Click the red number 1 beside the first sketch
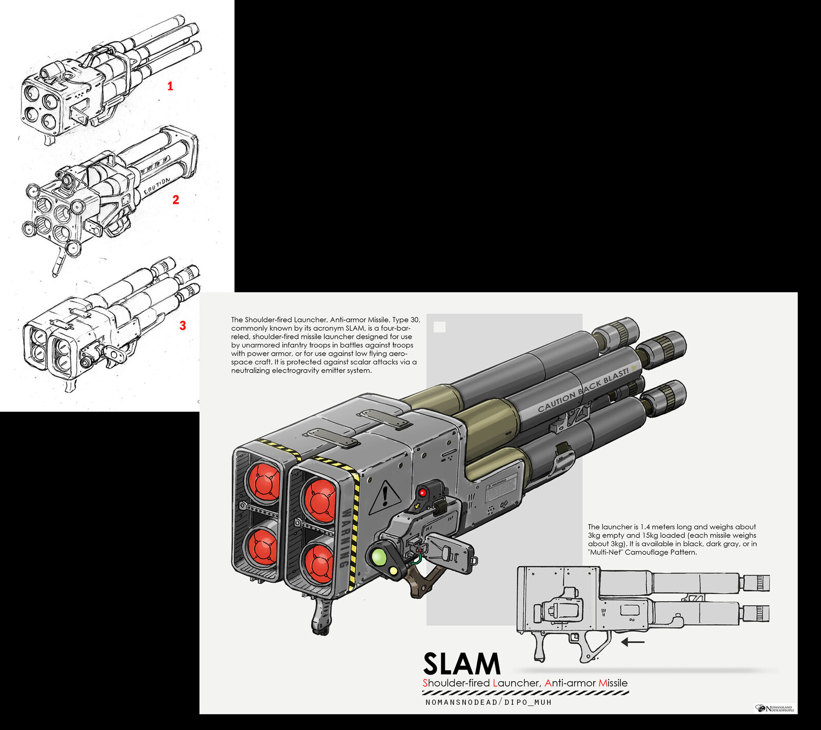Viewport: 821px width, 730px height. [170, 86]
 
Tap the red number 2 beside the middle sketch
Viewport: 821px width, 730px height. [176, 200]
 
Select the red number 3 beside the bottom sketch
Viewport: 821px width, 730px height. [183, 325]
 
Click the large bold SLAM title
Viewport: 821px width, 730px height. [461, 664]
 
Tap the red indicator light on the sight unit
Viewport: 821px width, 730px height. [423, 493]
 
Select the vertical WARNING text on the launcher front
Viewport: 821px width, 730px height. [345, 537]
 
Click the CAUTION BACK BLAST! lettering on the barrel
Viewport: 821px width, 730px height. [583, 390]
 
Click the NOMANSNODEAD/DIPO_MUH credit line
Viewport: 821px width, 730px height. [488, 702]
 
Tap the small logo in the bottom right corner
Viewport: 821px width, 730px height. [775, 709]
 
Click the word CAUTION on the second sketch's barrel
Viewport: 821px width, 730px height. [157, 186]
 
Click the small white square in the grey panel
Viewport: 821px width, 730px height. [440, 327]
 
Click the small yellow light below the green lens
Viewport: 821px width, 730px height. [394, 570]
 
